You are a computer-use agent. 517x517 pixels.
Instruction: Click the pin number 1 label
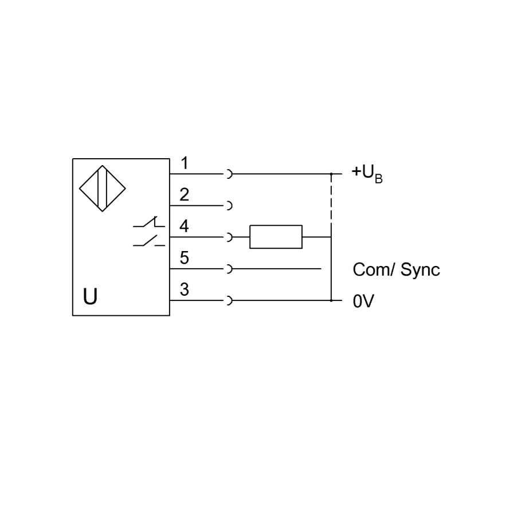185,163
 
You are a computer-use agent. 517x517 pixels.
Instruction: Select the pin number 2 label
185,194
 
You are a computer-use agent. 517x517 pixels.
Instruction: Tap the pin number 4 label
185,226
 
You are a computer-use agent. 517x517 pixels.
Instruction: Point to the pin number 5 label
185,258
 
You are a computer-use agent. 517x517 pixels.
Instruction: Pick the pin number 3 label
185,289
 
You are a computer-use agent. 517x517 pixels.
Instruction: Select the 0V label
363,301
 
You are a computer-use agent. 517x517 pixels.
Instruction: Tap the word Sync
420,270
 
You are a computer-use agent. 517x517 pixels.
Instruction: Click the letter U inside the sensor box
90,297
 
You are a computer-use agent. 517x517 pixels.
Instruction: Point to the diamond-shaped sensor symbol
102,188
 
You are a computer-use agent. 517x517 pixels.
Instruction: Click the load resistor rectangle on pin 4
276,237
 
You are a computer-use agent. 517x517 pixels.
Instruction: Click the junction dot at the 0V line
331,300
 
